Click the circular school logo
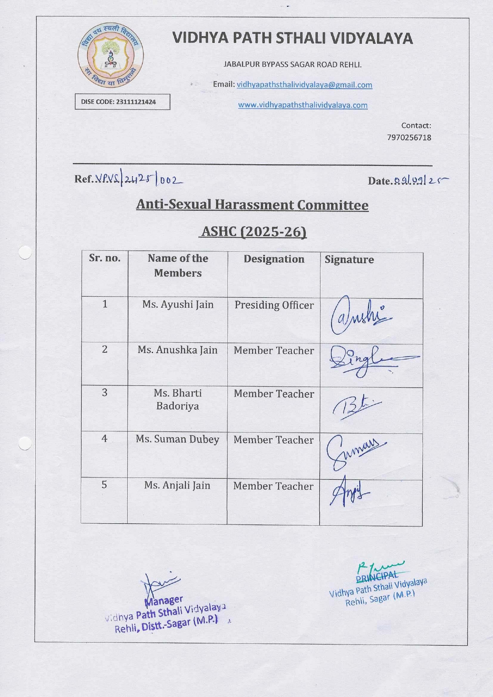111,55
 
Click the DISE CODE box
122,102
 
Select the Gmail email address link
304,85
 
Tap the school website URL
303,105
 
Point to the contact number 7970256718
409,138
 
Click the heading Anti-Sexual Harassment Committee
252,205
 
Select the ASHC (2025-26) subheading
254,231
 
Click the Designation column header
274,259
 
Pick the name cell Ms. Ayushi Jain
178,305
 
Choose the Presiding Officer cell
274,305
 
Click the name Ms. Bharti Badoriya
178,399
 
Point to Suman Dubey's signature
355,451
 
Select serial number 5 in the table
104,485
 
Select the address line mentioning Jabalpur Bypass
292,64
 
